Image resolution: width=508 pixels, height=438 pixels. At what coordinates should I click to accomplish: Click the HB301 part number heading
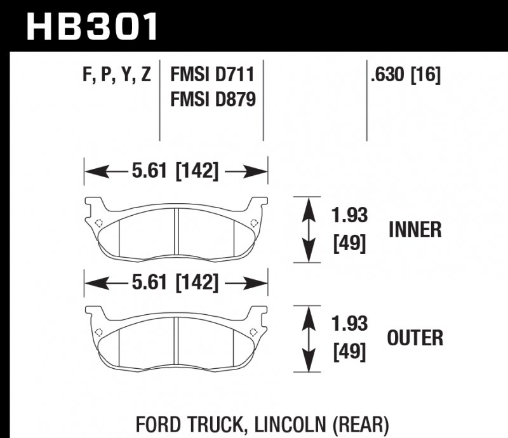click(x=92, y=27)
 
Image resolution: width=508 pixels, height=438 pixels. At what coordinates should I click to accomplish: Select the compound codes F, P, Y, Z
click(x=116, y=76)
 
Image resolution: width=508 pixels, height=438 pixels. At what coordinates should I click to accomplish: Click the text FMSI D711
click(x=212, y=76)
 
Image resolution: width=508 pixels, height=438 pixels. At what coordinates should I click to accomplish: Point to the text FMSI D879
click(x=212, y=99)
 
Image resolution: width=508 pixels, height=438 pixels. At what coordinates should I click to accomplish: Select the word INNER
click(x=415, y=229)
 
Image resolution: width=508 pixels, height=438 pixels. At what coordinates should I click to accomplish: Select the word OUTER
click(x=416, y=338)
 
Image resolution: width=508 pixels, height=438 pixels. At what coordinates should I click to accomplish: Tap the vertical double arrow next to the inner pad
click(x=309, y=229)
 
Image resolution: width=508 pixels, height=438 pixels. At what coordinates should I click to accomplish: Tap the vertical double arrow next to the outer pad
click(x=309, y=338)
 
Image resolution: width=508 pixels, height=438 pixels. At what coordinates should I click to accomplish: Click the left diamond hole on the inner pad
click(x=98, y=223)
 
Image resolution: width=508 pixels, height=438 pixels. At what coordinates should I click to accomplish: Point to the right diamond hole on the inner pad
click(x=254, y=222)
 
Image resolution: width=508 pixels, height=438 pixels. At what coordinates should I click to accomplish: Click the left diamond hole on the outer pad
click(x=98, y=331)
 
